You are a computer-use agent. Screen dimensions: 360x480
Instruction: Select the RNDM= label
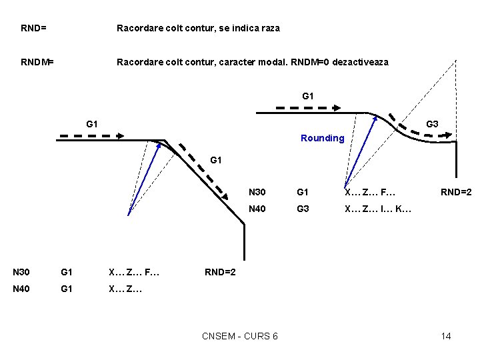pyautogui.click(x=37, y=62)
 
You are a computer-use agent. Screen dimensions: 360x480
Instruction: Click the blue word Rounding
pyautogui.click(x=322, y=138)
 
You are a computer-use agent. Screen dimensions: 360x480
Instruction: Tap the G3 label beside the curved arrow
pyautogui.click(x=431, y=123)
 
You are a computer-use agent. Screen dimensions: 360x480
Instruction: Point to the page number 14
pyautogui.click(x=446, y=335)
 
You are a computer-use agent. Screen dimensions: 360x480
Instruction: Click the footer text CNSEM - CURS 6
pyautogui.click(x=240, y=335)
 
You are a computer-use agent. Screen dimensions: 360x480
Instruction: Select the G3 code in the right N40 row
pyautogui.click(x=303, y=209)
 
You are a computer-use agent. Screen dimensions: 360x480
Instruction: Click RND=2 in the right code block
pyautogui.click(x=456, y=192)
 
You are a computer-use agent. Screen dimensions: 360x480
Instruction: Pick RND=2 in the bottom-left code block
pyautogui.click(x=220, y=272)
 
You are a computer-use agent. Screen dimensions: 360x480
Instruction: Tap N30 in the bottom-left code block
pyautogui.click(x=21, y=272)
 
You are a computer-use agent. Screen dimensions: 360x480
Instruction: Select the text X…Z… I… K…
pyautogui.click(x=378, y=209)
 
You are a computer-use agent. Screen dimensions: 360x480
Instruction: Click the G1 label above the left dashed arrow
pyautogui.click(x=93, y=123)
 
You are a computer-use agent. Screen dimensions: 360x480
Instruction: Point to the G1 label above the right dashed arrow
pyautogui.click(x=308, y=96)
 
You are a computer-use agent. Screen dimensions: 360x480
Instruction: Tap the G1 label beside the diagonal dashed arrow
pyautogui.click(x=216, y=160)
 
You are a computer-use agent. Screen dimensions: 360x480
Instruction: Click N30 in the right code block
pyautogui.click(x=257, y=192)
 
